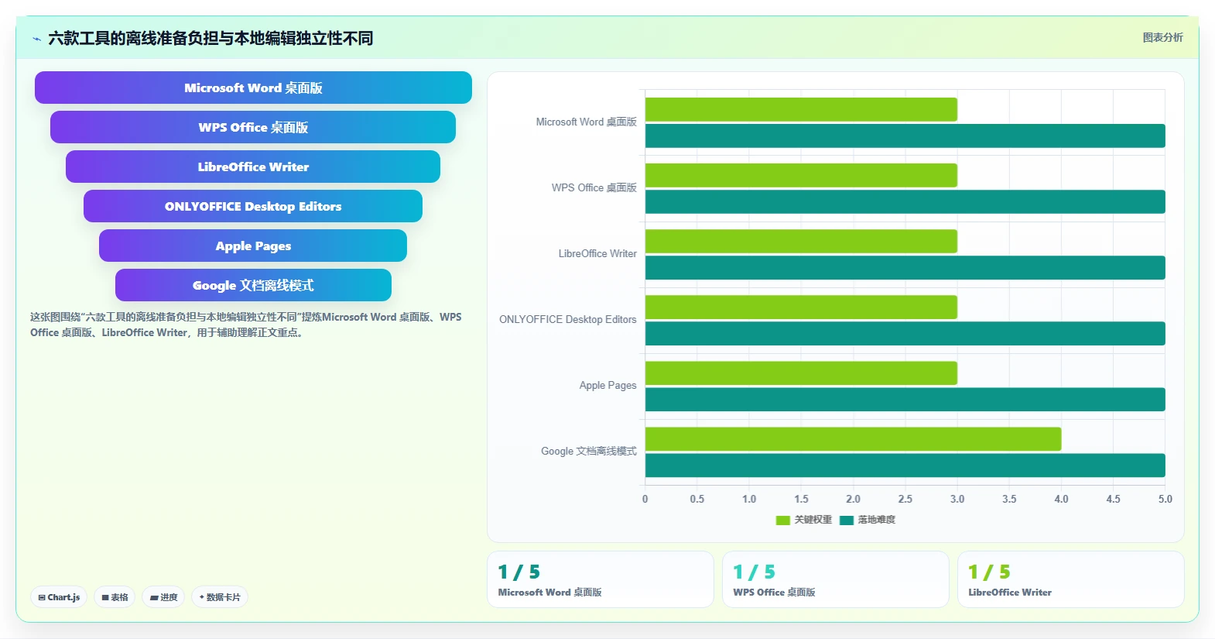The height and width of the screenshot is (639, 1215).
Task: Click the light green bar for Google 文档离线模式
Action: (853, 439)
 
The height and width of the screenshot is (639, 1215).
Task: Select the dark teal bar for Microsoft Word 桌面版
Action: (905, 136)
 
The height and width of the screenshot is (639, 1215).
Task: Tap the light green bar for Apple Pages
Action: (801, 373)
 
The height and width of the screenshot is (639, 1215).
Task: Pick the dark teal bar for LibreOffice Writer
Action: (905, 268)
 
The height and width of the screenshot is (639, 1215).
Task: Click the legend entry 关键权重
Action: (804, 520)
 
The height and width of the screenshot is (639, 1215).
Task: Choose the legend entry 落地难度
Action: (868, 520)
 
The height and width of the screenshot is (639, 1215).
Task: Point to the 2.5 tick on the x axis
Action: (905, 499)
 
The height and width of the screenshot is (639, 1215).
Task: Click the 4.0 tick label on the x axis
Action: (1061, 499)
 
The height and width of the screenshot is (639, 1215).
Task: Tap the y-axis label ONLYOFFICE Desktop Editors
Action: (567, 319)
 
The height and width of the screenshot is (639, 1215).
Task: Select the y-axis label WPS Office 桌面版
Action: (594, 188)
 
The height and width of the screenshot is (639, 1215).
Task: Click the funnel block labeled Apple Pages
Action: (253, 246)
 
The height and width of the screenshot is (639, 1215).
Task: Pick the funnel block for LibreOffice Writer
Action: (253, 167)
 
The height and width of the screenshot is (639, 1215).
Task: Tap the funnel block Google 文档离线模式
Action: (253, 285)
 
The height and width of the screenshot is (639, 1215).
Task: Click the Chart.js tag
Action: (59, 597)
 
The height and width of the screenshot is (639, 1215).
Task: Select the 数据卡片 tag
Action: (220, 597)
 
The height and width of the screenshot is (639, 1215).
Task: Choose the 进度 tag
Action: (163, 597)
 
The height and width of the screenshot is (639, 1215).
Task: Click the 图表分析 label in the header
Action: (1162, 37)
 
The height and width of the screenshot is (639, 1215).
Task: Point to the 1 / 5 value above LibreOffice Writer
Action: (989, 572)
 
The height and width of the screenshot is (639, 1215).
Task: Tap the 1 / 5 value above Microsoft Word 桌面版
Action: (519, 572)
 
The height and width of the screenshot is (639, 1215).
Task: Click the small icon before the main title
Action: (37, 39)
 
